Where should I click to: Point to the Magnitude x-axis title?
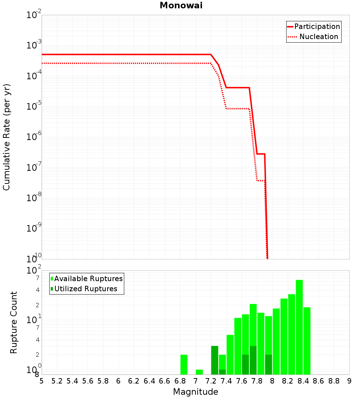coord(195,392)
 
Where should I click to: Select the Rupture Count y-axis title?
coord(14,322)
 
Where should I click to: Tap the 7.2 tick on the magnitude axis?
coord(211,381)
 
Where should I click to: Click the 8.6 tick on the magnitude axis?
coord(318,381)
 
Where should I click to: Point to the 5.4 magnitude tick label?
coord(72,381)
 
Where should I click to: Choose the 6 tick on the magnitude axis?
coord(118,381)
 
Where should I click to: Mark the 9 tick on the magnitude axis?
coord(349,381)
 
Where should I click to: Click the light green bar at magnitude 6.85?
coord(184,364)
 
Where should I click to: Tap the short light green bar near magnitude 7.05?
coord(199,372)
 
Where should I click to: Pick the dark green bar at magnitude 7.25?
coord(215,360)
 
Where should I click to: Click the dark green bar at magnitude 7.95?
coord(268,364)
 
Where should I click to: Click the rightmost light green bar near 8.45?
coord(307,340)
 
